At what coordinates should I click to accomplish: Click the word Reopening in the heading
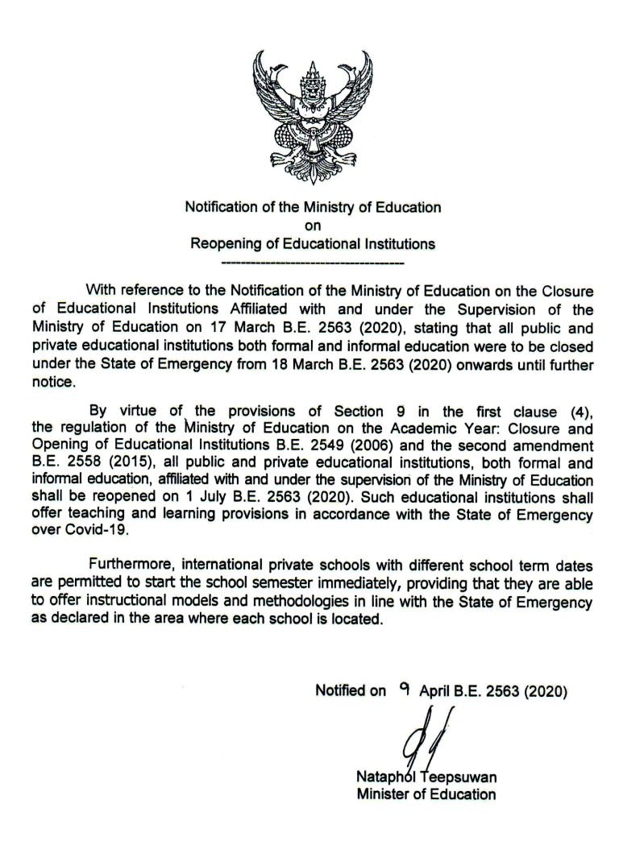tap(226, 244)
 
